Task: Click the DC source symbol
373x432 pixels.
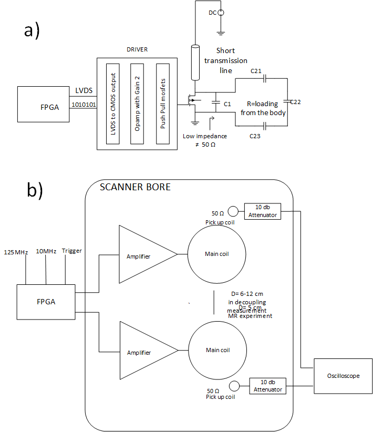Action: [222, 12]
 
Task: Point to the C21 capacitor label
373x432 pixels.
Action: [256, 71]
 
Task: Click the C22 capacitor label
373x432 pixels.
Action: [295, 101]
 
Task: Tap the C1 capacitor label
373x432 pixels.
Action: [227, 104]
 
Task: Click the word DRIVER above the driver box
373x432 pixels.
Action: [138, 49]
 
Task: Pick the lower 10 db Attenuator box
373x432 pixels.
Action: [268, 386]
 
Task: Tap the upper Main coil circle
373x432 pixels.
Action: [217, 254]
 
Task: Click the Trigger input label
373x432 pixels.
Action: [71, 251]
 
